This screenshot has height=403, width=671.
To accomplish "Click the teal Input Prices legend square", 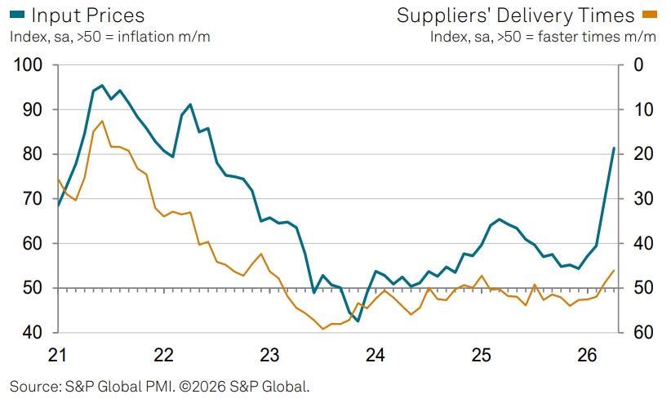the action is click(x=17, y=15).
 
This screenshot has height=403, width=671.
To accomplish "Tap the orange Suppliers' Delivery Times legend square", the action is click(x=649, y=15).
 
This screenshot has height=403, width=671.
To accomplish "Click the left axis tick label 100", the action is click(x=29, y=65).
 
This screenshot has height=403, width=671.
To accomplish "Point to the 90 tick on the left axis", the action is click(x=33, y=109).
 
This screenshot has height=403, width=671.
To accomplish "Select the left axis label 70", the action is click(x=33, y=198).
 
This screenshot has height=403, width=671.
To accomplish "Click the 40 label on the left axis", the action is click(x=33, y=332).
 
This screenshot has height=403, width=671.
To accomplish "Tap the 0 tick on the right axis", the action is click(x=638, y=65).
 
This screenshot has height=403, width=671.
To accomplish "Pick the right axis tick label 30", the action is click(x=643, y=198).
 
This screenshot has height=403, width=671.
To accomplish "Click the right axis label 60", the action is click(x=643, y=332).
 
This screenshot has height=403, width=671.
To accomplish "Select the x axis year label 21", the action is click(x=57, y=355).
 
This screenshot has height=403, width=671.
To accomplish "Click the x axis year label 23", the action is click(x=269, y=355).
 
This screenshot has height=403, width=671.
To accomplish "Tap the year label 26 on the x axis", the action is click(x=587, y=355).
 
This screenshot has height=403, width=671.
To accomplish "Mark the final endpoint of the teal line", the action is click(x=614, y=148).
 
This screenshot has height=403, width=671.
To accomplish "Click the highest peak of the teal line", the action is click(x=101, y=85).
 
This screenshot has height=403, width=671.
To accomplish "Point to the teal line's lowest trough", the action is click(x=358, y=321).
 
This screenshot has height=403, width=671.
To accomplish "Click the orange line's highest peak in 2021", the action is click(x=102, y=121).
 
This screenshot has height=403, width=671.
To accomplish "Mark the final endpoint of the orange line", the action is click(x=614, y=270).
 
